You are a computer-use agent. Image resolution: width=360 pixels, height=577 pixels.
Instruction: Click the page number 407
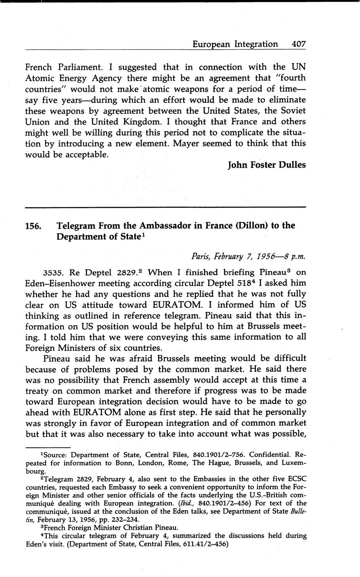coord(299,44)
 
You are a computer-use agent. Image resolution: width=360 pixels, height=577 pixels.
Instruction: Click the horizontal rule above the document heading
coord(166,207)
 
